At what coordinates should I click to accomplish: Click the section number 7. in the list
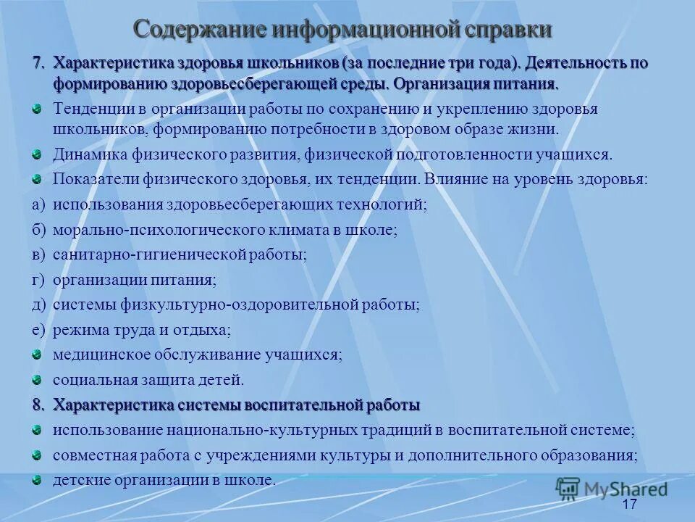tap(39, 63)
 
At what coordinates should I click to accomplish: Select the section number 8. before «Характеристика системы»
tap(39, 404)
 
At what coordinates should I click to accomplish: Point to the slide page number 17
tap(628, 504)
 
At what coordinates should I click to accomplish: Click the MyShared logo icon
tap(568, 489)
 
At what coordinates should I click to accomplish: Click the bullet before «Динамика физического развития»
tap(37, 154)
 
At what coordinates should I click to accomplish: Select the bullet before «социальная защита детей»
tap(37, 378)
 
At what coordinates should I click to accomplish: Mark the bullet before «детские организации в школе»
tap(37, 479)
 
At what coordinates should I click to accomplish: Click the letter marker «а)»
tap(38, 205)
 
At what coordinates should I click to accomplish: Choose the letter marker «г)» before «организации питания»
tap(38, 279)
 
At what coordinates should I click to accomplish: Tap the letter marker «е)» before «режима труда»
tap(38, 330)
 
